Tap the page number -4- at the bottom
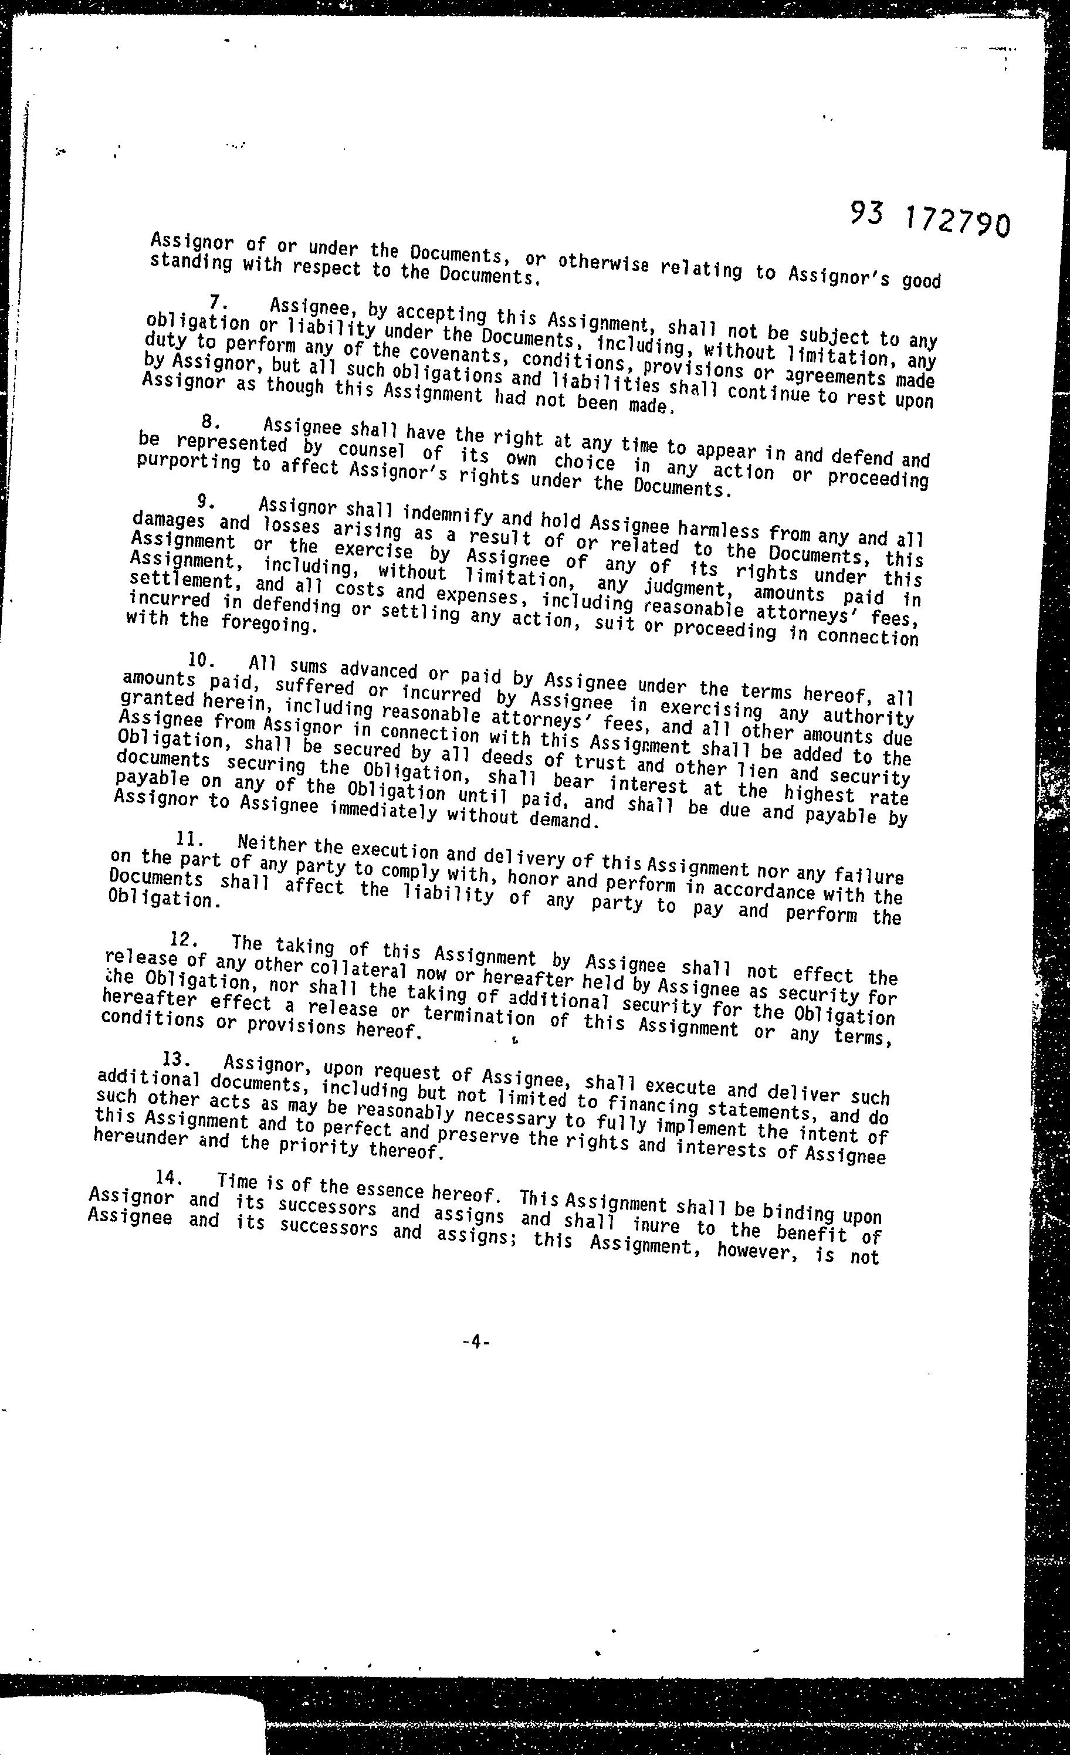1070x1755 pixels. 475,1343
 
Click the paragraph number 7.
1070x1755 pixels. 216,303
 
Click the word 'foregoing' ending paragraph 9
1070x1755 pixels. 265,625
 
